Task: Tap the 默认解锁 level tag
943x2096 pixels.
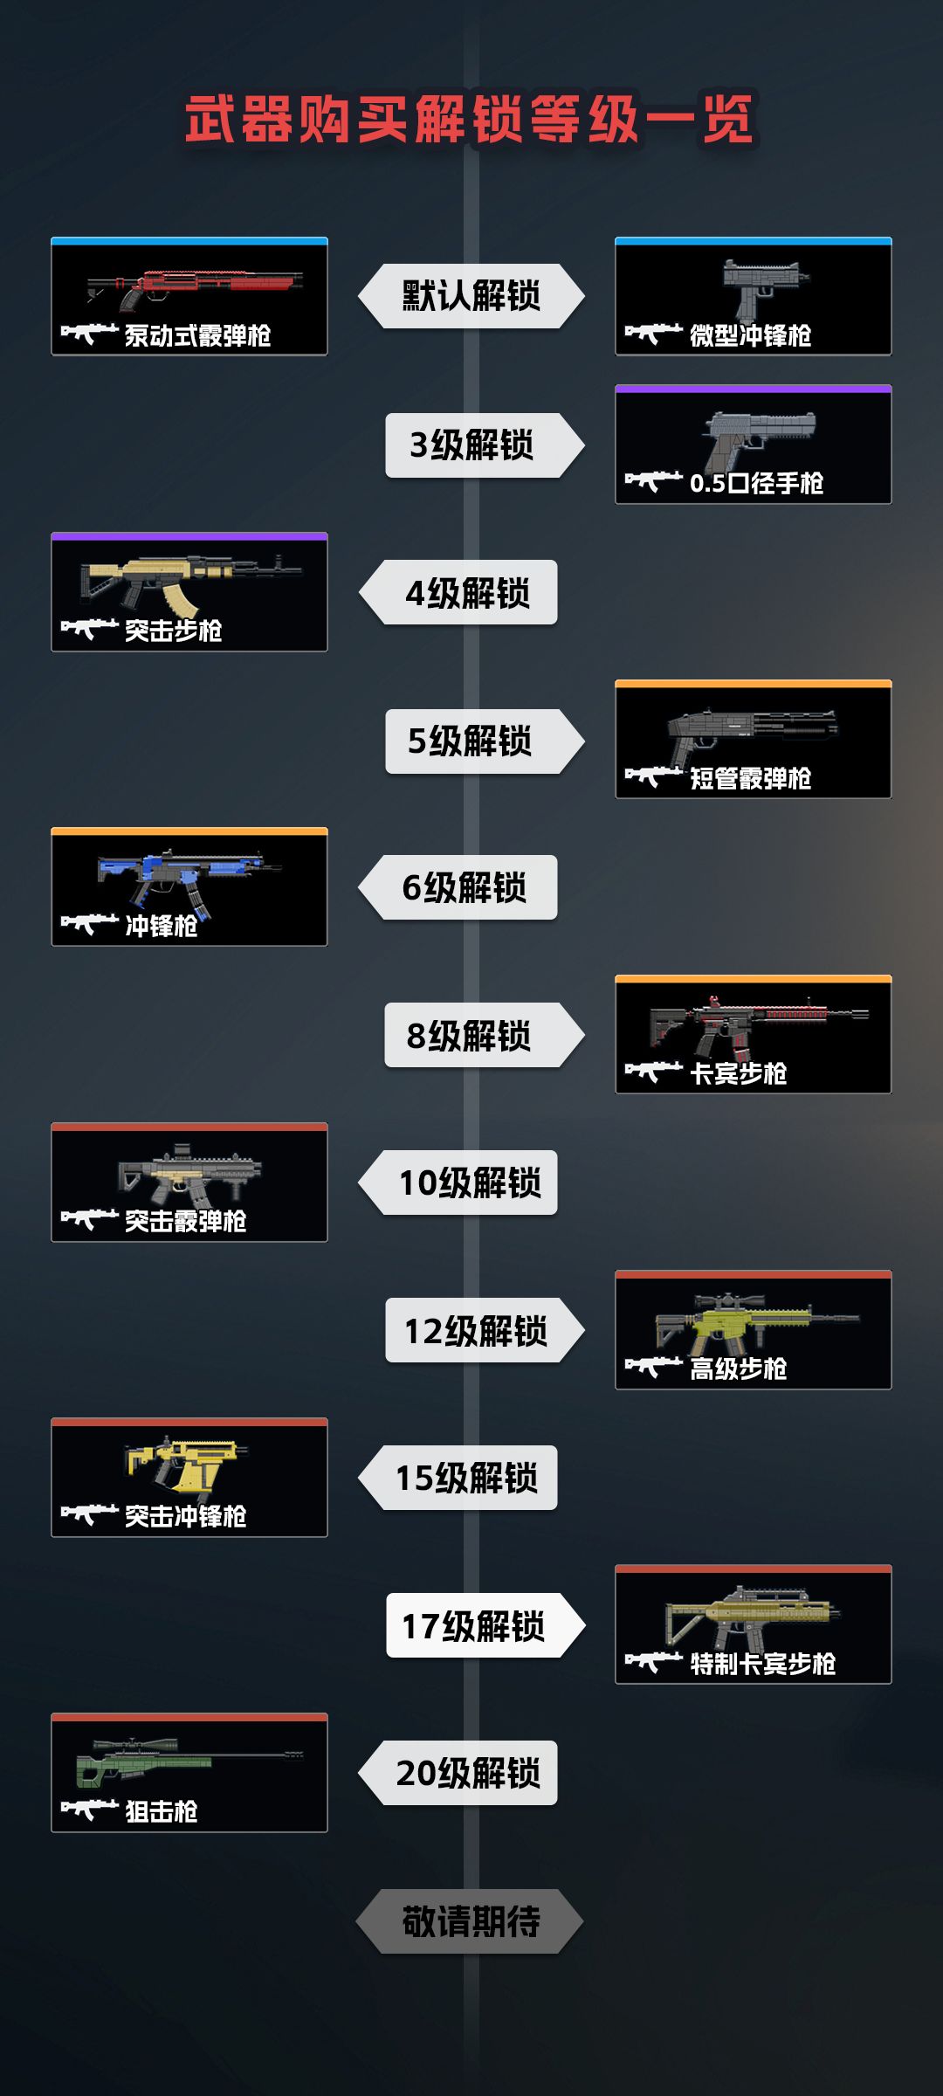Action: [x=471, y=296]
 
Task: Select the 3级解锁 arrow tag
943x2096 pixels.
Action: [x=485, y=445]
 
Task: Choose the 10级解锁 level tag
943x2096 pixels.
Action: [x=458, y=1182]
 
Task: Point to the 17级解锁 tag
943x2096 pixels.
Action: [x=485, y=1625]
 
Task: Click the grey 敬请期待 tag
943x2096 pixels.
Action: [x=470, y=1921]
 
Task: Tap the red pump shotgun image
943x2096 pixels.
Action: [x=195, y=289]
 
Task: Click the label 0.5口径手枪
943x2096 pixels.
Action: [x=756, y=483]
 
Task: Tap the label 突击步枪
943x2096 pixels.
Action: [x=173, y=631]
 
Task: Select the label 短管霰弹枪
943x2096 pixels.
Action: [x=750, y=778]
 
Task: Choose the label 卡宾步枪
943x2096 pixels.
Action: [x=738, y=1073]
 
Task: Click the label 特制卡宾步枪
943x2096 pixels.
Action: [x=762, y=1664]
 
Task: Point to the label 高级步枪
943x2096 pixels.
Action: [x=738, y=1369]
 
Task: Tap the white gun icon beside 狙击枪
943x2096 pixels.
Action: [x=89, y=1810]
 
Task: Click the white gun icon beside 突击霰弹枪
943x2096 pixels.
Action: [x=89, y=1219]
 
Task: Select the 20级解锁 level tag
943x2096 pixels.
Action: [x=458, y=1773]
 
